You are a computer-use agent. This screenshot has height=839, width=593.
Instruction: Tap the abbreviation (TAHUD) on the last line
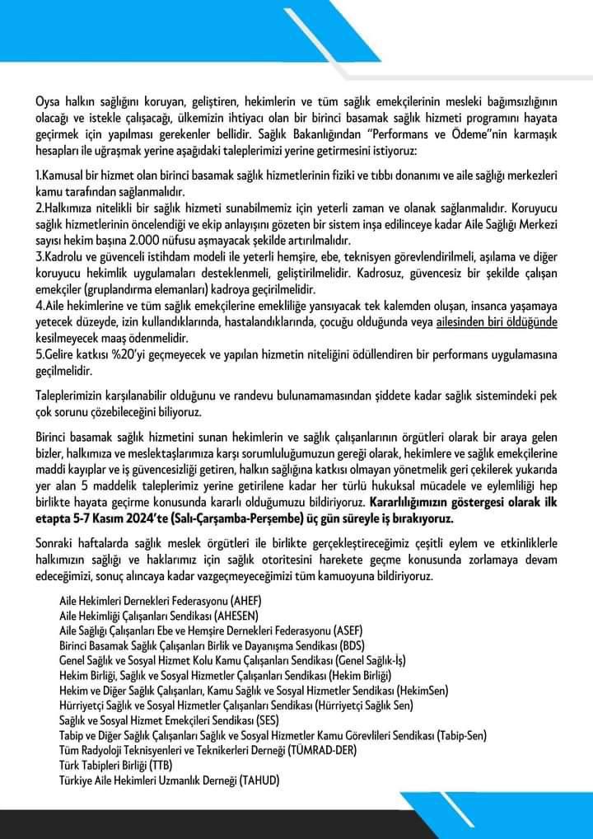261,778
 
